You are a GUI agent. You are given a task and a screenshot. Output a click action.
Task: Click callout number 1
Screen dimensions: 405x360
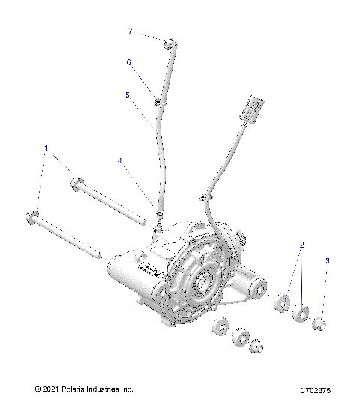(x=46, y=148)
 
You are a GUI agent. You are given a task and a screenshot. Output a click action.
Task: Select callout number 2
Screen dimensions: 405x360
(x=301, y=244)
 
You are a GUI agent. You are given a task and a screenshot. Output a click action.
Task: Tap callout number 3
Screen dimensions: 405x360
(x=327, y=260)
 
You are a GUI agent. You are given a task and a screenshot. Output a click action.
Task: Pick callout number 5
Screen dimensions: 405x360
(x=127, y=95)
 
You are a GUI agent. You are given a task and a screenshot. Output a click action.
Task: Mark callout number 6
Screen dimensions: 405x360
(x=128, y=62)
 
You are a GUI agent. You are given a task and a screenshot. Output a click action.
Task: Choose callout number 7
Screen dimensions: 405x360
(x=130, y=32)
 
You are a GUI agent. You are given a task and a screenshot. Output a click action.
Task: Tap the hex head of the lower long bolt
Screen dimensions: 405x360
(x=33, y=218)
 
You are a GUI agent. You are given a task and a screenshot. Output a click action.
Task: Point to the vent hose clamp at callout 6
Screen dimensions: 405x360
(x=160, y=101)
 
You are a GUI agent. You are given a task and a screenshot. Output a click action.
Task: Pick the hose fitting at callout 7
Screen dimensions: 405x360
(x=172, y=46)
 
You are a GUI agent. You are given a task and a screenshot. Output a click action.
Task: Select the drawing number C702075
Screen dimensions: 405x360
(x=320, y=390)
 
